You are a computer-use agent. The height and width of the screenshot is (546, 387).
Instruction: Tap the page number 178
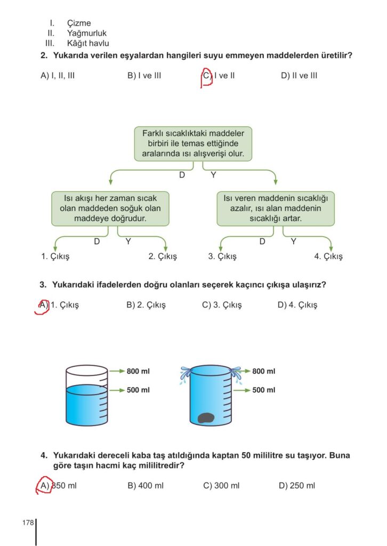(28, 523)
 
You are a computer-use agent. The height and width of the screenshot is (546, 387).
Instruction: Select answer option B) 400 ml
(146, 486)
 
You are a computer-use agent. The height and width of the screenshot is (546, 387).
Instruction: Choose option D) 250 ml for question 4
(297, 486)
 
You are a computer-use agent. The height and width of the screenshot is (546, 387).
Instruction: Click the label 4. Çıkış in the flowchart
(328, 256)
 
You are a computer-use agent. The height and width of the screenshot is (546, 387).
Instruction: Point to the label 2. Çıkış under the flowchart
(163, 256)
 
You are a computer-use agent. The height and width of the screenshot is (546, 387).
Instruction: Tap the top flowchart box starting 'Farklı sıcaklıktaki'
(193, 143)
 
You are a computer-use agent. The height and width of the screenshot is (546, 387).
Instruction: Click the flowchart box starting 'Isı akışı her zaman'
(110, 208)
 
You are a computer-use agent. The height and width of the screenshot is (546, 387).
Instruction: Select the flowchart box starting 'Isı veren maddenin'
(276, 208)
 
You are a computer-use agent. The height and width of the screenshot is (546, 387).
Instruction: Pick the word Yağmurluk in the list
(87, 33)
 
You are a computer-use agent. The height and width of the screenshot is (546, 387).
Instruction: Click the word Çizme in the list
(79, 23)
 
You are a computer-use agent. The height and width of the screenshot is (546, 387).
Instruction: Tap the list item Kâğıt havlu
(88, 43)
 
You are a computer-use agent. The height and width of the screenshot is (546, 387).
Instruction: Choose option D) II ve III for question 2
(299, 76)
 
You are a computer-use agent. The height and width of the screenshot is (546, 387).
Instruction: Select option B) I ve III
(144, 76)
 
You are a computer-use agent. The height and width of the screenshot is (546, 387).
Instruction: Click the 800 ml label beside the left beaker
(138, 371)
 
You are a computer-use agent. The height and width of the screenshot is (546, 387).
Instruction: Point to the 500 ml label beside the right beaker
(263, 390)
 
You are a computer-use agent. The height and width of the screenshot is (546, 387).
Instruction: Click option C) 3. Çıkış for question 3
(222, 306)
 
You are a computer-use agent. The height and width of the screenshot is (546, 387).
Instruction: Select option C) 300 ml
(221, 486)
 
